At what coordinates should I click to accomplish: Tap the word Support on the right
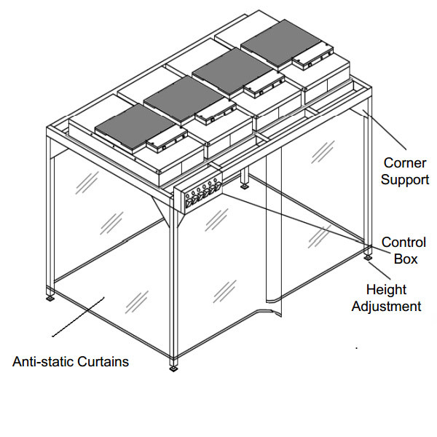pyautogui.click(x=405, y=179)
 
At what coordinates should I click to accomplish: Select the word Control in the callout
pyautogui.click(x=403, y=243)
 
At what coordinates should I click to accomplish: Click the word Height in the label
pyautogui.click(x=386, y=291)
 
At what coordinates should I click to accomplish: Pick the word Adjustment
pyautogui.click(x=386, y=307)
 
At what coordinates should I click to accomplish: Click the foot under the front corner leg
pyautogui.click(x=173, y=367)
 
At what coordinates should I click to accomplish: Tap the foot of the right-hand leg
pyautogui.click(x=367, y=257)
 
